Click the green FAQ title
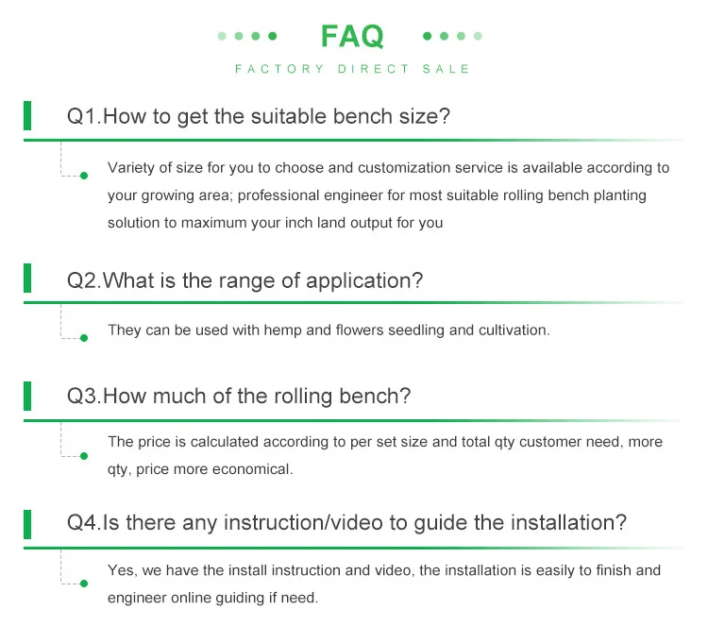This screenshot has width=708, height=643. (x=352, y=36)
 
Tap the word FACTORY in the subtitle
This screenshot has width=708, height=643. (x=279, y=69)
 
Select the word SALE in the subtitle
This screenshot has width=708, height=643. (x=447, y=69)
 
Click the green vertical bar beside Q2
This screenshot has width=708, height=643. (x=27, y=279)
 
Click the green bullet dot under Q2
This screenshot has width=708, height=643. (x=84, y=338)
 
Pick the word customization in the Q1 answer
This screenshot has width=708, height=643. (x=404, y=168)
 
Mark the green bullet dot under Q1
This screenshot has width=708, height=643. (x=84, y=176)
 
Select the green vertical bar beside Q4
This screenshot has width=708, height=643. (x=27, y=524)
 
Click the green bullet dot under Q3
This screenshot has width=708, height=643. (x=84, y=456)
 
